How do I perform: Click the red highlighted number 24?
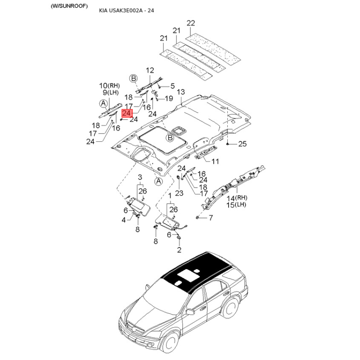coord(127,113)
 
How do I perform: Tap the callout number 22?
coord(191,23)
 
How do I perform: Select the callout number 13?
coord(181,92)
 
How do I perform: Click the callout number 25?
coord(243,144)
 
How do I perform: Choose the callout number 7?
coord(211,217)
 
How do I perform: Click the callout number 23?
coord(179,193)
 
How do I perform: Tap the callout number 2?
coord(179,250)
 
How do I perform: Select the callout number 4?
coord(124,220)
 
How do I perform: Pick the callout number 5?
coord(172,86)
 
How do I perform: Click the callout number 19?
coord(169,99)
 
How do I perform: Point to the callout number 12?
coord(150,70)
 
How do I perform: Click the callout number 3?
coord(140,177)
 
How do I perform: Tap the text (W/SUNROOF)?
coord(69,6)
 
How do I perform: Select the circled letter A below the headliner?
coord(158,181)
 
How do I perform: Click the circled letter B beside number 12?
coord(133,78)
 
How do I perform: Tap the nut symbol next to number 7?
coord(197,217)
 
